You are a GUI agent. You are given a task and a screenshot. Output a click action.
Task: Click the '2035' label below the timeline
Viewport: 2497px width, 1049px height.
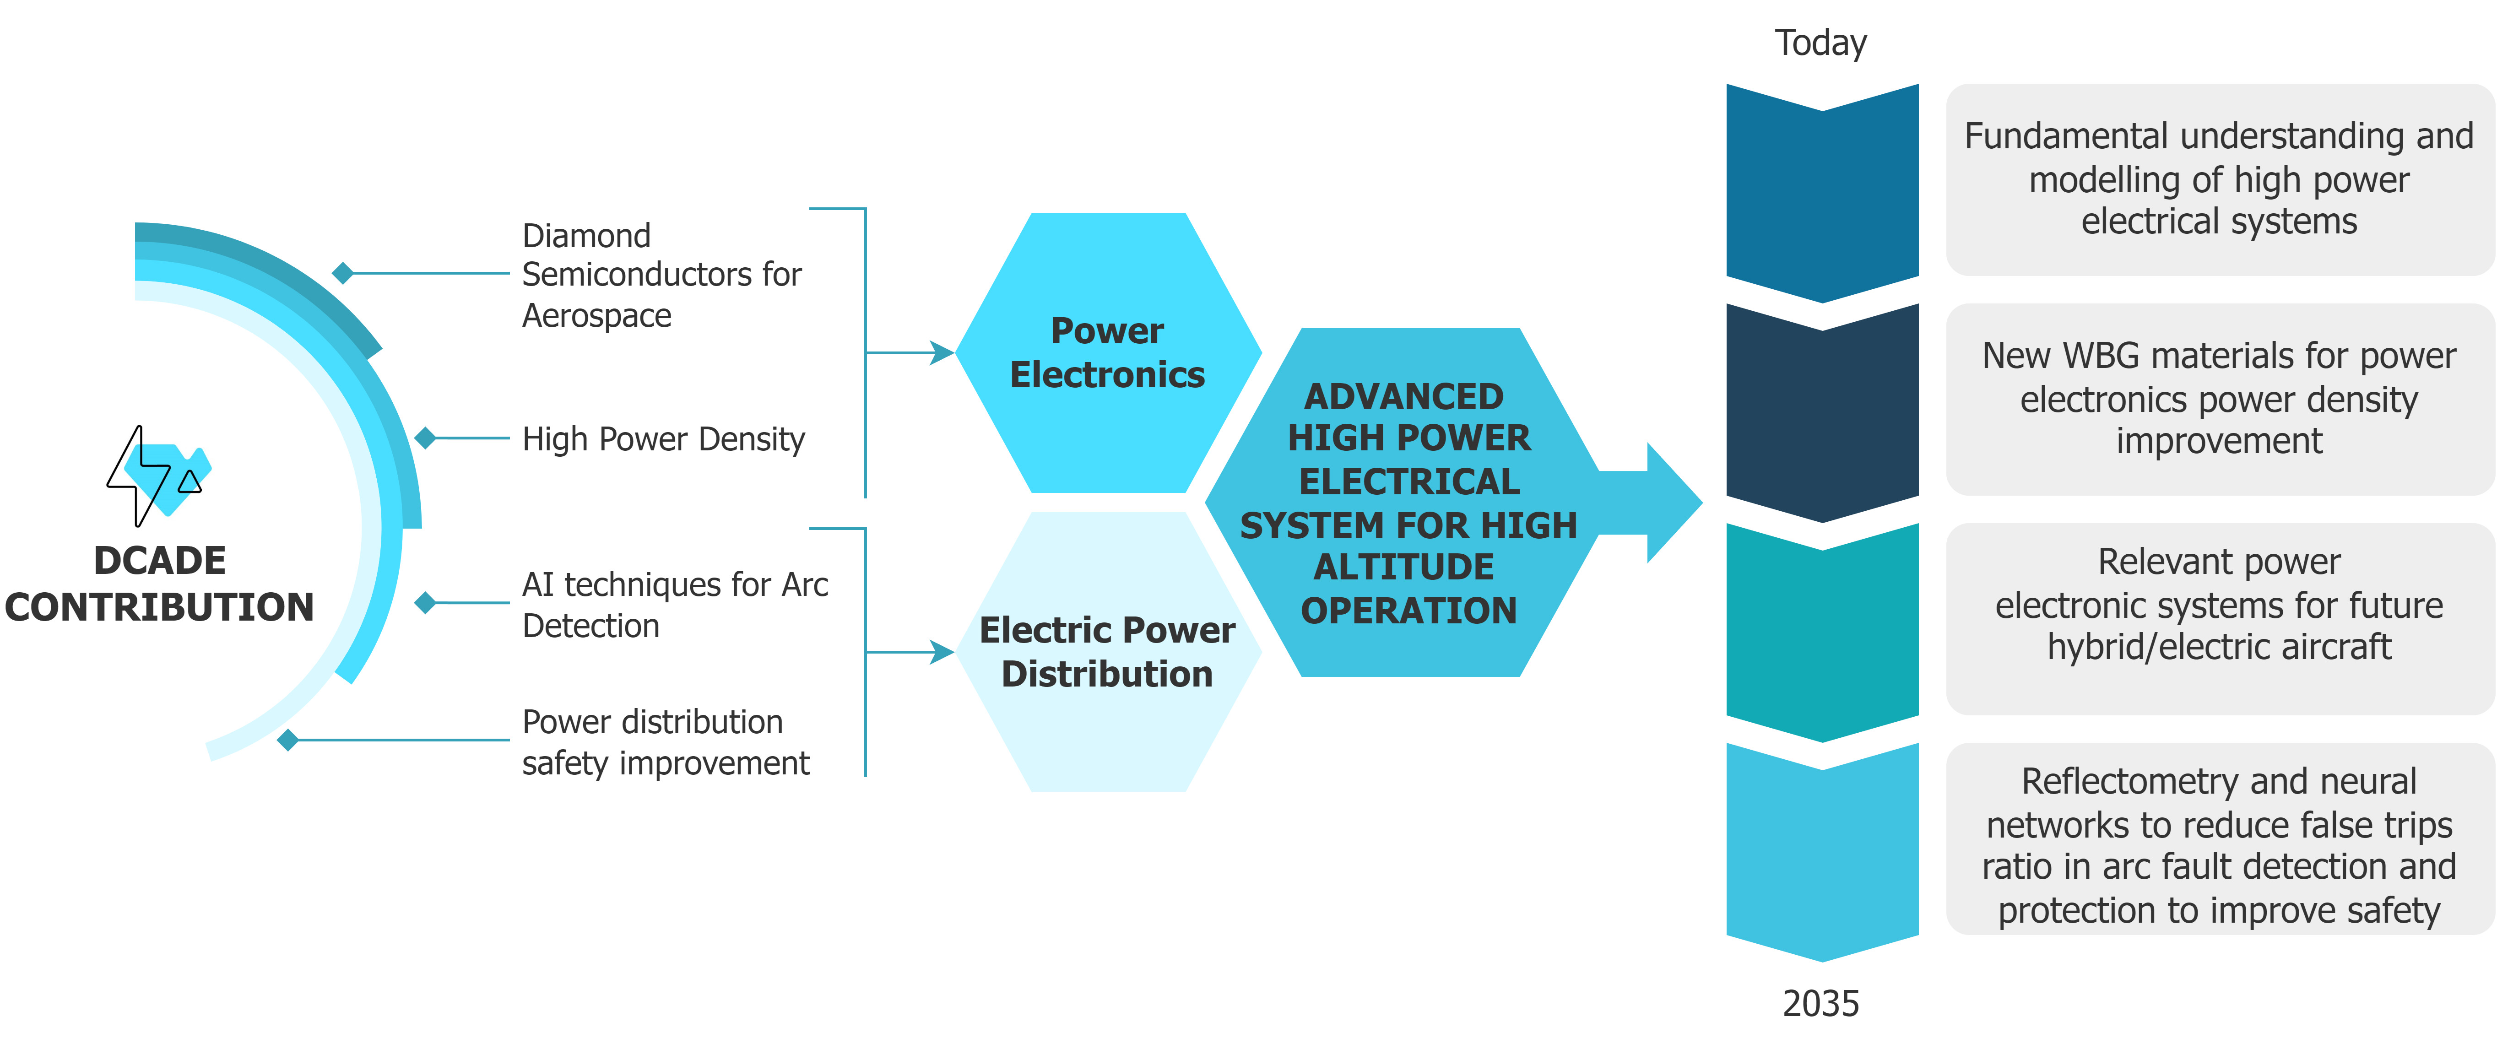click(1820, 1003)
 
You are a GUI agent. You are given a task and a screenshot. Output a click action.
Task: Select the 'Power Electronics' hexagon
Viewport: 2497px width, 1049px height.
click(1108, 353)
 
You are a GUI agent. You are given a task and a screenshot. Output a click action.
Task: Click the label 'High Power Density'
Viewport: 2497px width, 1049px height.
click(663, 439)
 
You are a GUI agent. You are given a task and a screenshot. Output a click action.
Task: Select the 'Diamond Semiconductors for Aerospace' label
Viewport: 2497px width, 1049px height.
click(661, 276)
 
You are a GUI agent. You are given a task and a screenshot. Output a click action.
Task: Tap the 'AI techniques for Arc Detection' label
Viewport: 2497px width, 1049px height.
click(675, 605)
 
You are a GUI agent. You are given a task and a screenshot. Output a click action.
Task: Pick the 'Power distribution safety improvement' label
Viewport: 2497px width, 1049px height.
click(665, 743)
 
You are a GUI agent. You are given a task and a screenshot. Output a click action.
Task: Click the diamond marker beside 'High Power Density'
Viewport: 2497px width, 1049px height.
click(425, 438)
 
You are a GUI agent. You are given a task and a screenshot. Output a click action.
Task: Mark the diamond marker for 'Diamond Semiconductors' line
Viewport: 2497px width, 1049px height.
click(342, 273)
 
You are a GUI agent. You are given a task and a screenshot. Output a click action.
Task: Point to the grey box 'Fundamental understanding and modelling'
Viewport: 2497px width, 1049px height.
click(2219, 179)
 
